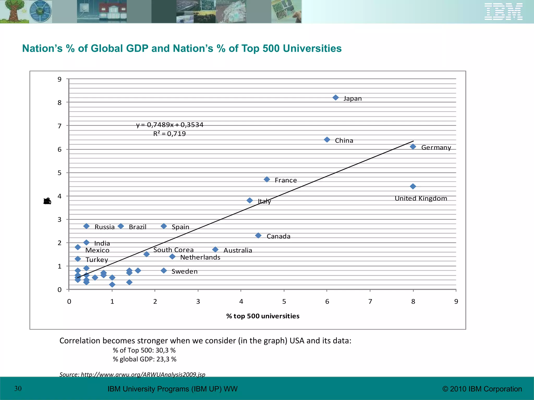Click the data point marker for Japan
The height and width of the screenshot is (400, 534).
(x=336, y=98)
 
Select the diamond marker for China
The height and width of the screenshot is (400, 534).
(x=327, y=140)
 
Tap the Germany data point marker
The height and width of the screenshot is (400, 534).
(x=413, y=147)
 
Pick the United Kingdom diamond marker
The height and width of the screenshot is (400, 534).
(x=413, y=186)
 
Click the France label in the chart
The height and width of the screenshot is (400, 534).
(x=286, y=180)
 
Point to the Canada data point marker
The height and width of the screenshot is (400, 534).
(x=258, y=236)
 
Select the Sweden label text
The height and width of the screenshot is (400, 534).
(x=184, y=271)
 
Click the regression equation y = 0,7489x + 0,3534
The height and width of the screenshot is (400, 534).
(x=170, y=125)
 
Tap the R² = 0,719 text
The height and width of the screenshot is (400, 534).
(x=169, y=134)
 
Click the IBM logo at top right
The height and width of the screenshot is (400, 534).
(x=503, y=12)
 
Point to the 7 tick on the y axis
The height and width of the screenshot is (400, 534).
(x=60, y=126)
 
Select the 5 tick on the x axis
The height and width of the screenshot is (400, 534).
(x=284, y=302)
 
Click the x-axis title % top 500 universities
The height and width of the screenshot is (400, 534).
(x=263, y=316)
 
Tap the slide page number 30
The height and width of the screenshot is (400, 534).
(x=18, y=389)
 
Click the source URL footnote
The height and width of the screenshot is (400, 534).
(x=132, y=374)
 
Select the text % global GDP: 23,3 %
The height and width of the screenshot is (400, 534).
(x=144, y=359)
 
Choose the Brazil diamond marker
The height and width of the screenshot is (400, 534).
(x=121, y=226)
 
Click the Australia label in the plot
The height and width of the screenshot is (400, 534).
(x=238, y=250)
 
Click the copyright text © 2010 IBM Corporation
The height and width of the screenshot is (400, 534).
(x=482, y=389)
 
